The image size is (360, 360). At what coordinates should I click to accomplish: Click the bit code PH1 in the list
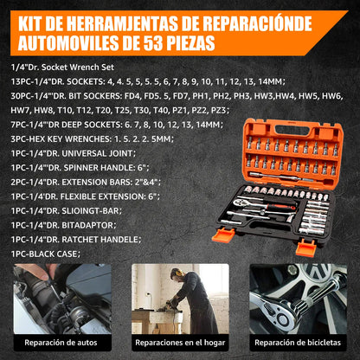click(x=201, y=96)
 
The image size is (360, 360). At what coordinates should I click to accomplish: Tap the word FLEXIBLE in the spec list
click(x=78, y=196)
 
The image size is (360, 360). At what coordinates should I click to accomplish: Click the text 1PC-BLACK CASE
click(x=45, y=254)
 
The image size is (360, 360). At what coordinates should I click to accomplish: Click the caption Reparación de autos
click(x=61, y=343)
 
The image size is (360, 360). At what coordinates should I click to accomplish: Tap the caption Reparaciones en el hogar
click(x=180, y=343)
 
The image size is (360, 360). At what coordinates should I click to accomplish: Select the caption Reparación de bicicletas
click(x=298, y=343)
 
